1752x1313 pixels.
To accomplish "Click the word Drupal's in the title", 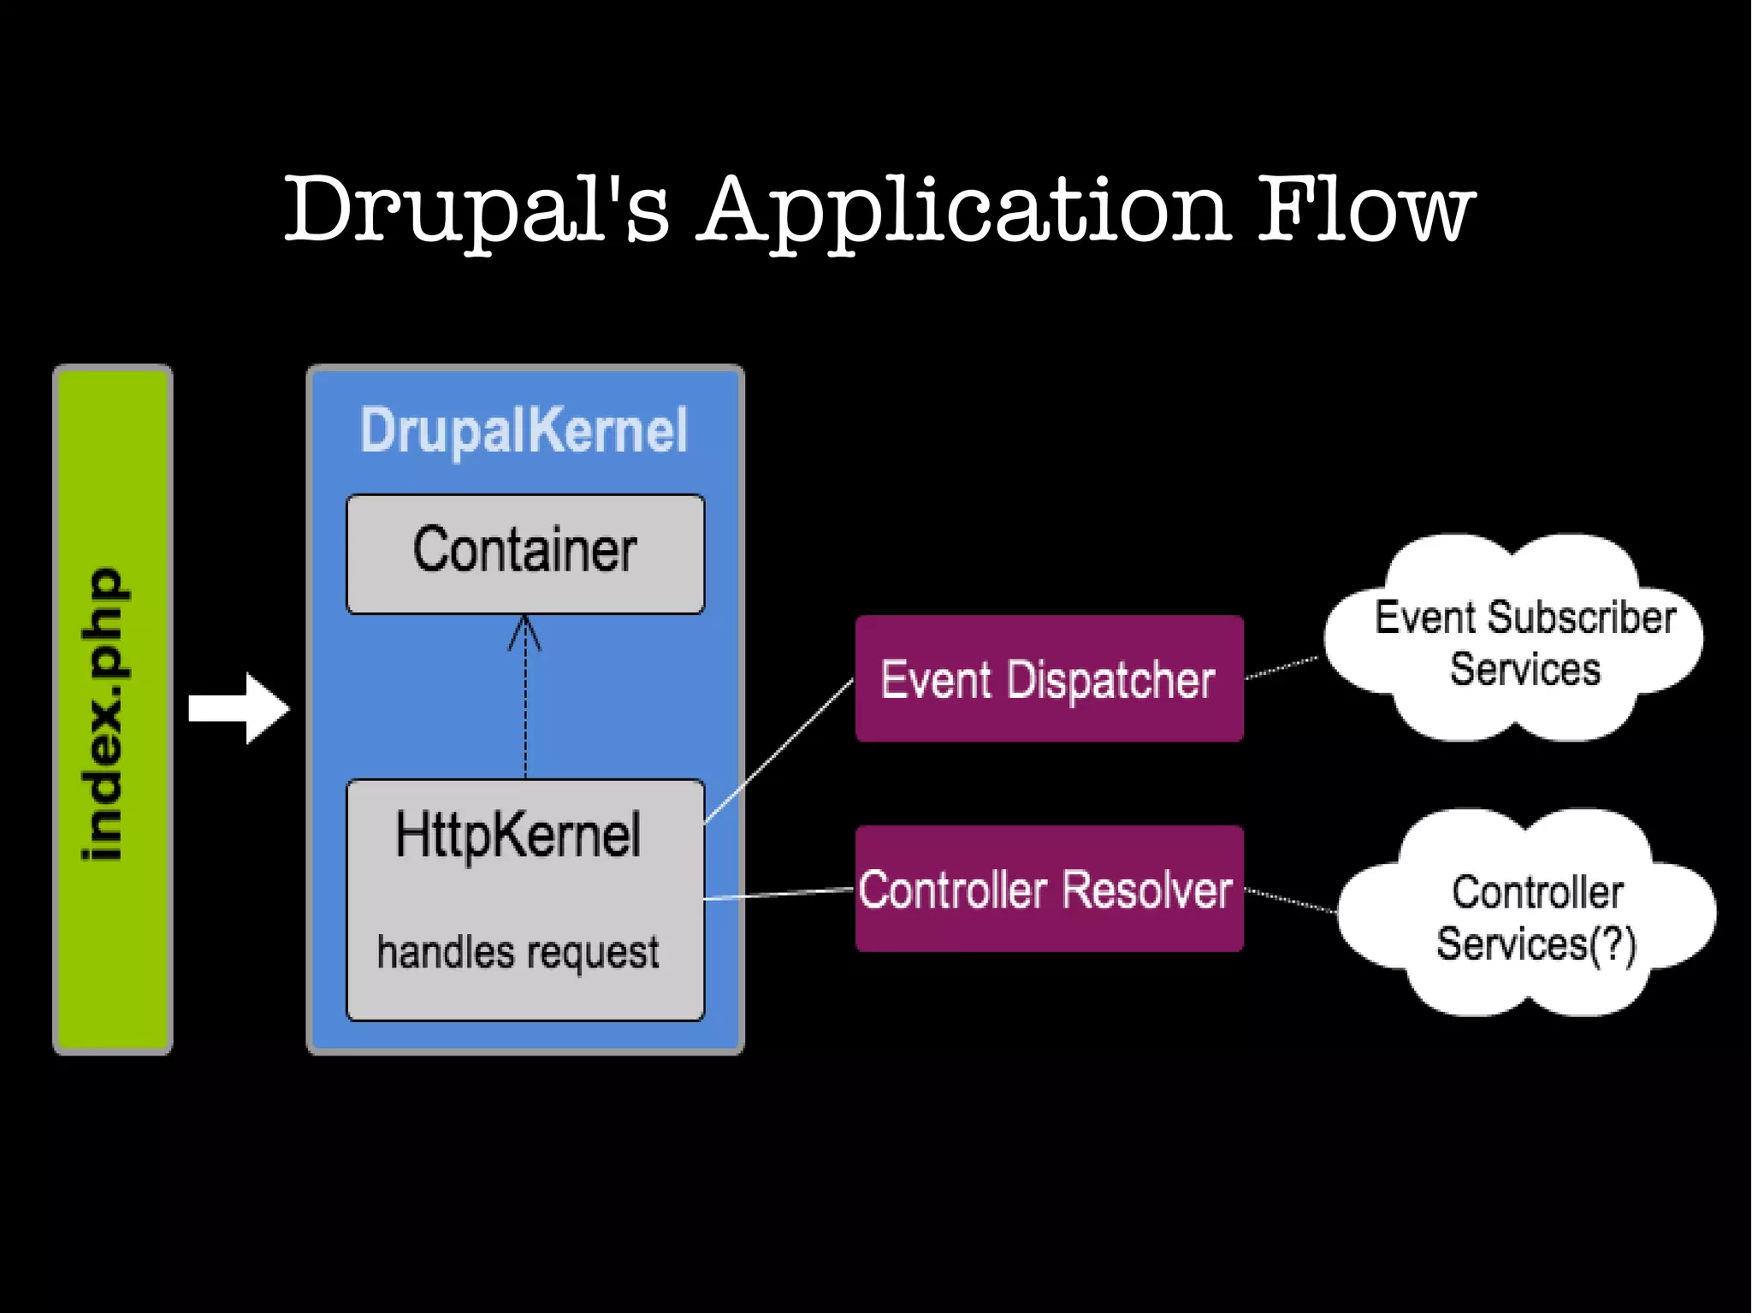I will (x=476, y=210).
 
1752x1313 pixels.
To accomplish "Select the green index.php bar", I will (x=112, y=710).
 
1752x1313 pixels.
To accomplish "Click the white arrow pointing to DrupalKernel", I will (x=239, y=708).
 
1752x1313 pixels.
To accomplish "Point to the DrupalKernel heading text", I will (x=524, y=430).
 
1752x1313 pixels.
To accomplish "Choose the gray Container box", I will (x=525, y=553).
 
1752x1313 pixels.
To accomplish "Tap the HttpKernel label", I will (x=518, y=835).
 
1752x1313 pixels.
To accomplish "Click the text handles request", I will (x=518, y=952).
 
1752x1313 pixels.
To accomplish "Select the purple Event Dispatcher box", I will (x=1049, y=679).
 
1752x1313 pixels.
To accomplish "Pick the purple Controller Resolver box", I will (x=1049, y=890).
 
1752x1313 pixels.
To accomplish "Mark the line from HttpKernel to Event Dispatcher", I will (x=778, y=751).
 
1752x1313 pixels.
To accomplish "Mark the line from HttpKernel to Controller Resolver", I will (x=778, y=894).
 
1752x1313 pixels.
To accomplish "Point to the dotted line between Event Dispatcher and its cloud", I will (x=1281, y=668).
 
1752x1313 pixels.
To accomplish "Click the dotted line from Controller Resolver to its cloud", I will (x=1290, y=901).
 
